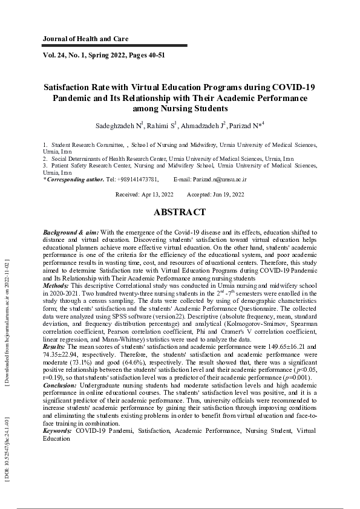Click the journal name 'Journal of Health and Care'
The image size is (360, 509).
pyautogui.click(x=85, y=39)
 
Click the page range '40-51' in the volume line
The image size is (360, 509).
pyautogui.click(x=154, y=55)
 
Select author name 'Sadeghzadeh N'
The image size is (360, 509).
pyautogui.click(x=119, y=126)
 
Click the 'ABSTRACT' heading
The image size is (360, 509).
pyautogui.click(x=180, y=213)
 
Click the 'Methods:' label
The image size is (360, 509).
pyautogui.click(x=56, y=285)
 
